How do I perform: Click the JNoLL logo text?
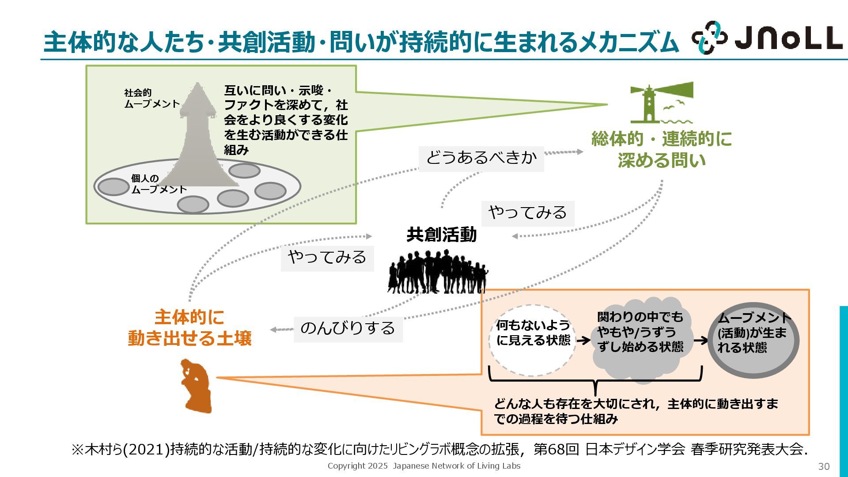(788, 38)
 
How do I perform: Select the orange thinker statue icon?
(196, 386)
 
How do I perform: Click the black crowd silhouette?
(438, 272)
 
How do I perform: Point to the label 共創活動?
(441, 235)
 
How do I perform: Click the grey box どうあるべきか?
(481, 158)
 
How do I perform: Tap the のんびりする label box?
(348, 329)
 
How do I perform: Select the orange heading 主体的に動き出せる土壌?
(189, 328)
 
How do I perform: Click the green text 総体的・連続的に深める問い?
(661, 150)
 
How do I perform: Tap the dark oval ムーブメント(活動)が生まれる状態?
(753, 340)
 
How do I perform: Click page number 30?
(824, 466)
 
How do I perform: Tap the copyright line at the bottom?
(424, 466)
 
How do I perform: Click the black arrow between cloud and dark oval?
(700, 341)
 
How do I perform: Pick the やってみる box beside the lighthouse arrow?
(527, 213)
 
